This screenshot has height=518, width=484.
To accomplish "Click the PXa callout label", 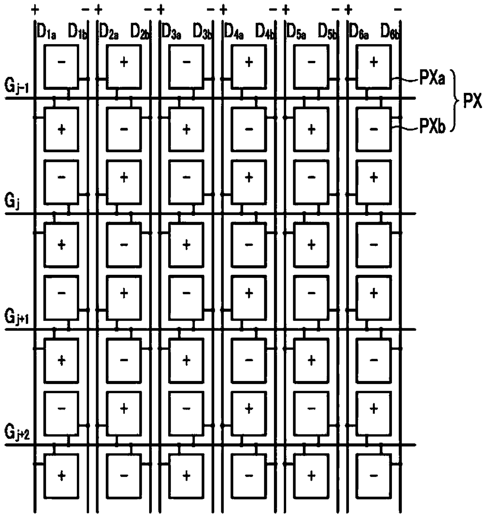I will pyautogui.click(x=432, y=80).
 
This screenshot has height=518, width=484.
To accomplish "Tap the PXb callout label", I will pyautogui.click(x=432, y=126).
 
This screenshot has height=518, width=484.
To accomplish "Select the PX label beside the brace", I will pyautogui.click(x=472, y=102).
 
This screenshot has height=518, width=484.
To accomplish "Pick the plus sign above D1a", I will pyautogui.click(x=36, y=9).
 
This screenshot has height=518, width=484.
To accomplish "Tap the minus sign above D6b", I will pyautogui.click(x=398, y=9).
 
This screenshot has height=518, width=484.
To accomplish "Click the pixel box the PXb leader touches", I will pyautogui.click(x=374, y=129).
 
